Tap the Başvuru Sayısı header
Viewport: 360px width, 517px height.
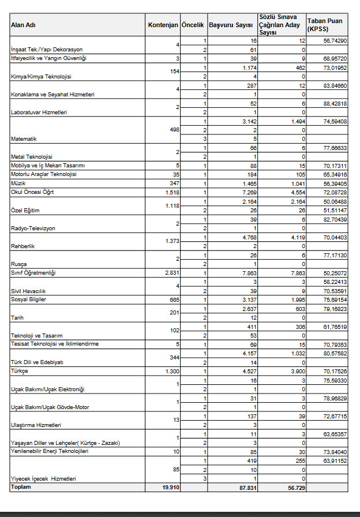tap(231, 25)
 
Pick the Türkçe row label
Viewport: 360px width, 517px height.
tap(20, 371)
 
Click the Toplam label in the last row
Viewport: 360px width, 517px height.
tap(20, 487)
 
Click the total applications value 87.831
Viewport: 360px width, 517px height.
tap(245, 487)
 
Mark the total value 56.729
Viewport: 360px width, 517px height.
tap(295, 487)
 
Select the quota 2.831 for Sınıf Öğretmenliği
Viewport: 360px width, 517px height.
tap(172, 272)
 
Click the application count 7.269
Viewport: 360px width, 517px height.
tap(247, 192)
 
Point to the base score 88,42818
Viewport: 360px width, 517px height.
tap(335, 104)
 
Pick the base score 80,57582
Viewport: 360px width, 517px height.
tap(335, 354)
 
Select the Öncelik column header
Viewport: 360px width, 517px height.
tap(193, 25)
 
